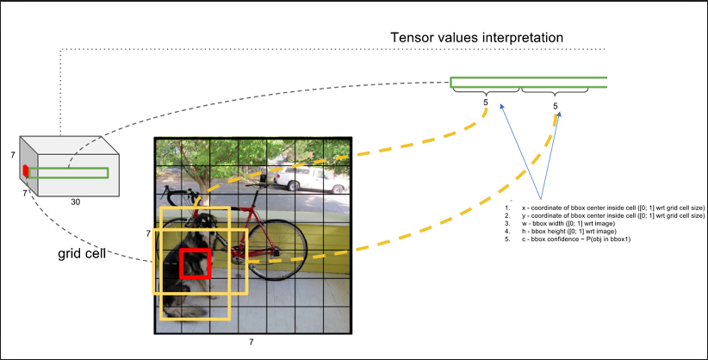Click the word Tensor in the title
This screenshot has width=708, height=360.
click(412, 38)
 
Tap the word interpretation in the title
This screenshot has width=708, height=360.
click(521, 38)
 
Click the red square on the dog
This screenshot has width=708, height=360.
click(196, 263)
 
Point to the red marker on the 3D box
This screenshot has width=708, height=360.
click(26, 171)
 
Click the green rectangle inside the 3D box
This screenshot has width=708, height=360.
click(69, 173)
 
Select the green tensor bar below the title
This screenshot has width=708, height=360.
click(528, 83)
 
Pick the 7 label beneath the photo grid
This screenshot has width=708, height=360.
click(251, 343)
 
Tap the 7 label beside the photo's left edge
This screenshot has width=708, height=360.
click(148, 233)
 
